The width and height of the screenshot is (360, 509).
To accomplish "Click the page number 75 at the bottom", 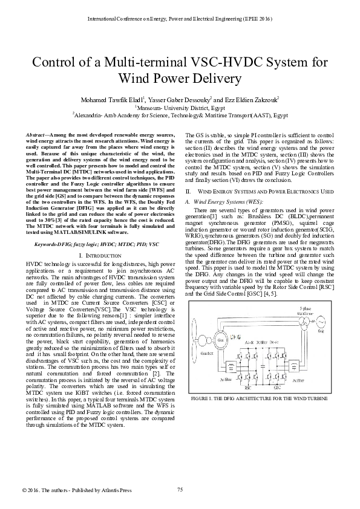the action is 180,489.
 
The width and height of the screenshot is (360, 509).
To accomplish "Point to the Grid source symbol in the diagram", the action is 321,324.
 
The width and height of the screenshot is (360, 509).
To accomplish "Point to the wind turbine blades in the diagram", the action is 200,339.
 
